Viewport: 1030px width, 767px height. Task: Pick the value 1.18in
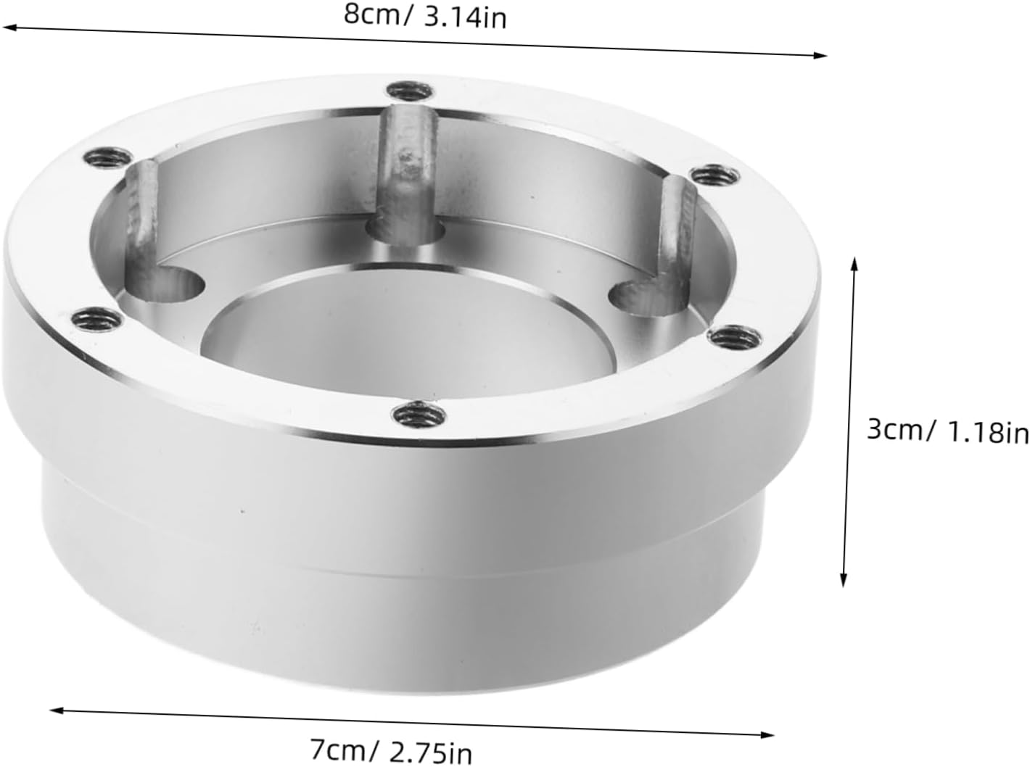[989, 433]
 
